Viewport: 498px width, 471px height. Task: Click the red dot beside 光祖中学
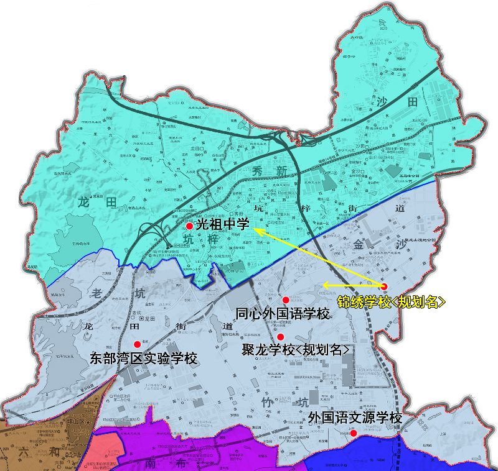coord(189,226)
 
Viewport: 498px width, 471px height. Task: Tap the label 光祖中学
coord(222,225)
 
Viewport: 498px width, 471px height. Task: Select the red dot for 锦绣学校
coord(384,286)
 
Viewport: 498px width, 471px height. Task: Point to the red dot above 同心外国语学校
coord(286,300)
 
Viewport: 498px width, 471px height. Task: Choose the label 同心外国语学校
coord(283,314)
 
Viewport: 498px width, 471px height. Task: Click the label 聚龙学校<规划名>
coord(296,350)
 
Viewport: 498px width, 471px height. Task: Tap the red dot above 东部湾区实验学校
coord(137,344)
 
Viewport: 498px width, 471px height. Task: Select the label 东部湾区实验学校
coord(144,359)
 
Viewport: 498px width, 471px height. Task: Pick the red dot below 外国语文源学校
coord(353,432)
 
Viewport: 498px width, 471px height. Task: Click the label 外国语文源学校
coord(355,418)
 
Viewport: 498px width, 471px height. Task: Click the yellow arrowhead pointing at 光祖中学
coord(256,231)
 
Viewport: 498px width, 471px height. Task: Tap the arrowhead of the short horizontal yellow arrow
coord(326,285)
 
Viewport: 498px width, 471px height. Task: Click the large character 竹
coord(266,403)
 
